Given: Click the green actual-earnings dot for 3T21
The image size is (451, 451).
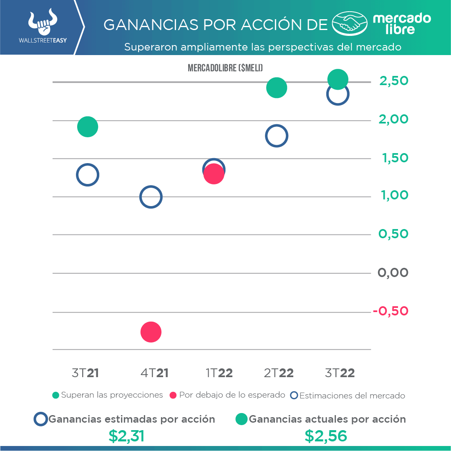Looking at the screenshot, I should tap(88, 127).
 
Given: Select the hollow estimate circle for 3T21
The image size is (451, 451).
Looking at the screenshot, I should tap(88, 175).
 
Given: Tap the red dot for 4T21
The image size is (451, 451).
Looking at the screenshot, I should tap(151, 332).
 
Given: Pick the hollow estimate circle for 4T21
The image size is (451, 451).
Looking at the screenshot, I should tap(151, 197).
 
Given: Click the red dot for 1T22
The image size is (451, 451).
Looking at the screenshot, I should tap(214, 174).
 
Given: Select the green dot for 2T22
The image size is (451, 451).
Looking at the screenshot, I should tap(277, 88).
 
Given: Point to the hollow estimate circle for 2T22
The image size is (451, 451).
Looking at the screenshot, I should tap(276, 136).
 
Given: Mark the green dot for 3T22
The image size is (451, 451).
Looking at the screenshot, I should tap(338, 79).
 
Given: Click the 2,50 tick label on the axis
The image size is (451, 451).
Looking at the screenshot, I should tap(393, 81).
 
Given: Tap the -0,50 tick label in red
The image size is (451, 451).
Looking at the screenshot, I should tap(391, 311).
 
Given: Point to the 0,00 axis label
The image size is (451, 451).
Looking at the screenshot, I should tap(393, 273).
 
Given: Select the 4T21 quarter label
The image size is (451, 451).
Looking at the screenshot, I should tap(154, 373).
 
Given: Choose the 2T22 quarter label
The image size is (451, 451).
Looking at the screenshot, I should tap(279, 373).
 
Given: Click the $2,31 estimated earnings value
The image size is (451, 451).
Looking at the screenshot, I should tap(126, 436).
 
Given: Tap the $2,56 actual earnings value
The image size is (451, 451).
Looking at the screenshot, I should tap(326, 436).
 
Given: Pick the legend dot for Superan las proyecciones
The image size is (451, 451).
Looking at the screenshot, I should tap(55, 395).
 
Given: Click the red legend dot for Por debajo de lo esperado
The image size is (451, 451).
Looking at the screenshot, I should tap(173, 395).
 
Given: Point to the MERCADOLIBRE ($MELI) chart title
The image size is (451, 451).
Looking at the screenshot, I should tap(225, 68).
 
